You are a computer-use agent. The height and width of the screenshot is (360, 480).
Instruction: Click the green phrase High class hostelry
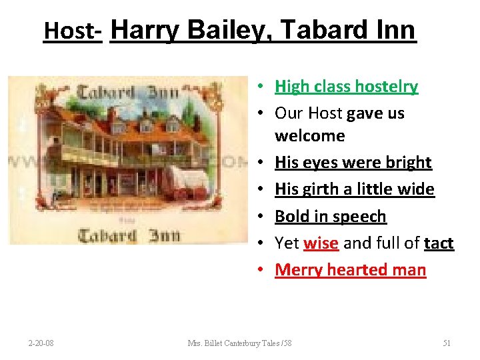(x=346, y=86)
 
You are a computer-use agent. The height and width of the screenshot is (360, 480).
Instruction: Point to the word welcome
(x=310, y=135)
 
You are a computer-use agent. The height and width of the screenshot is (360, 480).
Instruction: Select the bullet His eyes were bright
(x=353, y=162)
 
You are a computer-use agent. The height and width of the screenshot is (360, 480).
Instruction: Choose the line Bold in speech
(x=331, y=216)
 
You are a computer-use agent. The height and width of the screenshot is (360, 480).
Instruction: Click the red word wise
(x=321, y=243)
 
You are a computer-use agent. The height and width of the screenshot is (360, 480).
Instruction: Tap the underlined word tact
(x=439, y=243)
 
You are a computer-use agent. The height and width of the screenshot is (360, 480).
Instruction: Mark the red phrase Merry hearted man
(x=350, y=269)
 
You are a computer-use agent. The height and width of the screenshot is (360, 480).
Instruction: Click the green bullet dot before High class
(x=265, y=87)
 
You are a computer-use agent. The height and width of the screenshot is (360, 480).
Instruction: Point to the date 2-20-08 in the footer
(x=41, y=343)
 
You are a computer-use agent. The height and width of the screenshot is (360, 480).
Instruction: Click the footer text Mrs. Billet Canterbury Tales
(x=239, y=343)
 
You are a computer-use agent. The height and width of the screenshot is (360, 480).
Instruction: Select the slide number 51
(x=447, y=343)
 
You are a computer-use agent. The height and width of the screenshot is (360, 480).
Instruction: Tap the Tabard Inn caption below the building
(x=127, y=235)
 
